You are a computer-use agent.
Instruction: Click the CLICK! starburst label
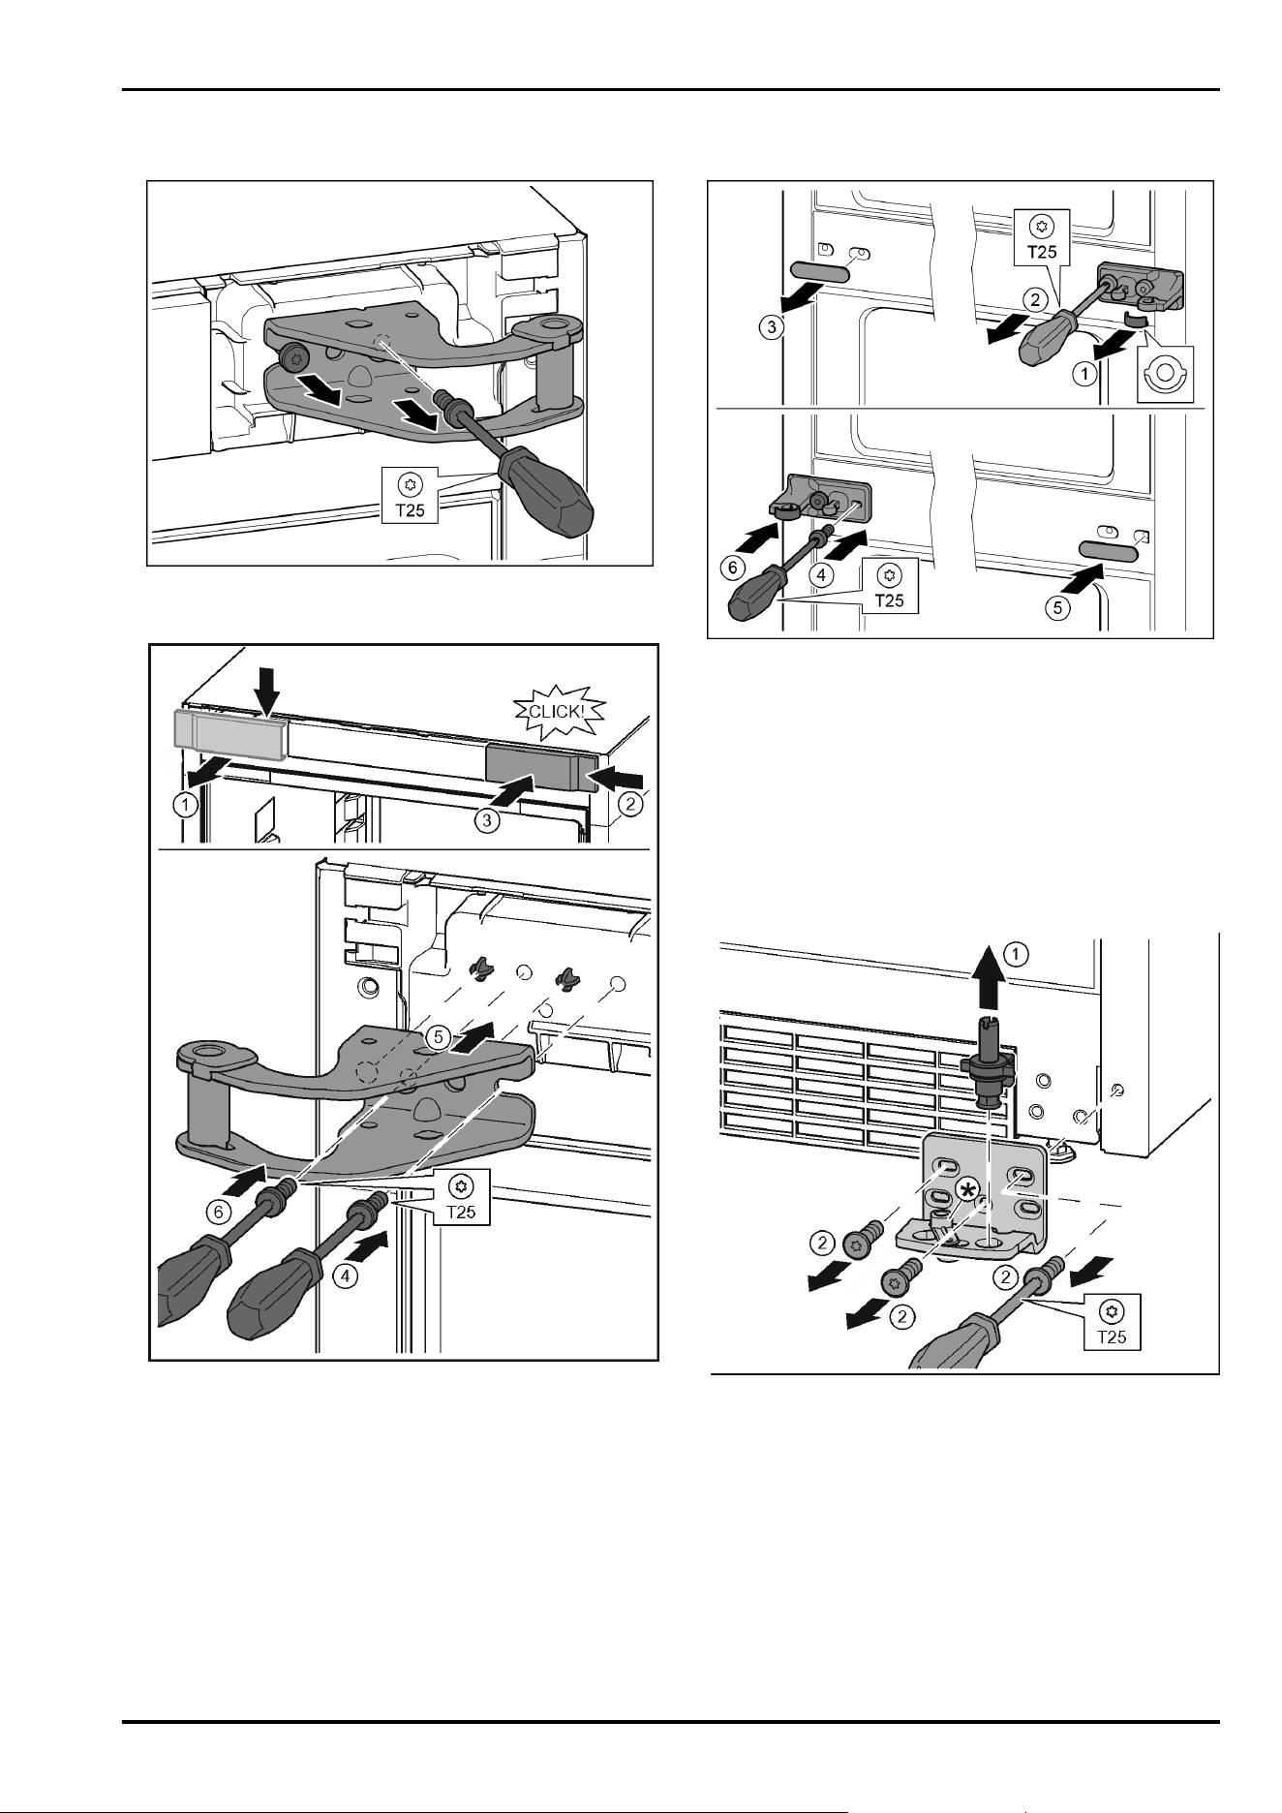coord(555,711)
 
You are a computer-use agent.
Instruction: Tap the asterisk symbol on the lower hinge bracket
coord(966,1190)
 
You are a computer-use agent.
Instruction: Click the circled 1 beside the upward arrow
coord(1017,955)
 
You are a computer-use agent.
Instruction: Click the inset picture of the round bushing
coord(1166,374)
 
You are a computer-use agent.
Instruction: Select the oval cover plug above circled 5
coord(1105,551)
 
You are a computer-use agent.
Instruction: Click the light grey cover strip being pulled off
coord(229,733)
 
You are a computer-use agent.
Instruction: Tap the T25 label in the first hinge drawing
coord(412,496)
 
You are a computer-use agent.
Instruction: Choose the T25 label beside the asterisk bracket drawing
coord(1112,1324)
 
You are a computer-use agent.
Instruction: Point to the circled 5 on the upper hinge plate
coord(439,1037)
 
